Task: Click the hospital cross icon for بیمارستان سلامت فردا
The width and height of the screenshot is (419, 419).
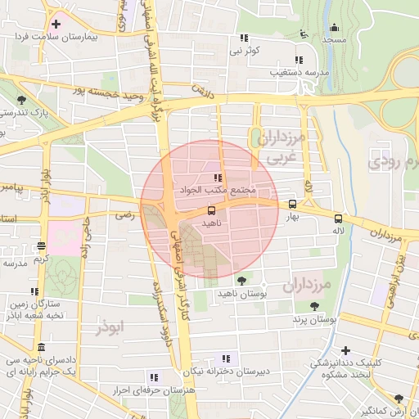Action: click(x=56, y=24)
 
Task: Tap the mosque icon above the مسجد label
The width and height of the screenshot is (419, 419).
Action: click(x=304, y=34)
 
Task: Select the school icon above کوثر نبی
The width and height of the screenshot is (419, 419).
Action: click(x=244, y=38)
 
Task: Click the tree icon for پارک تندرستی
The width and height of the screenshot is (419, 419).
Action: click(x=20, y=101)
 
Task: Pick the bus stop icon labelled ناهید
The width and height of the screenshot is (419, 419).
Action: click(x=212, y=210)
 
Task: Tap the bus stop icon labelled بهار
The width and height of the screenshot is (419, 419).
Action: click(x=292, y=205)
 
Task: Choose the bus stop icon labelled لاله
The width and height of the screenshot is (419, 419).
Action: click(x=338, y=219)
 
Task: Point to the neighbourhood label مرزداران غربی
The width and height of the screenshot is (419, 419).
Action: click(x=280, y=145)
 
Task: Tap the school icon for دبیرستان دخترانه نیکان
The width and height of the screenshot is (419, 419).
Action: click(x=226, y=358)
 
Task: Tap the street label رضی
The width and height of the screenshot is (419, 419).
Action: click(x=124, y=216)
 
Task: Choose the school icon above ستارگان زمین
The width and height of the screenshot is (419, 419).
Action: click(x=34, y=291)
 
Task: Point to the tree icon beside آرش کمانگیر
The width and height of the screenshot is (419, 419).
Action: click(x=399, y=397)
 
